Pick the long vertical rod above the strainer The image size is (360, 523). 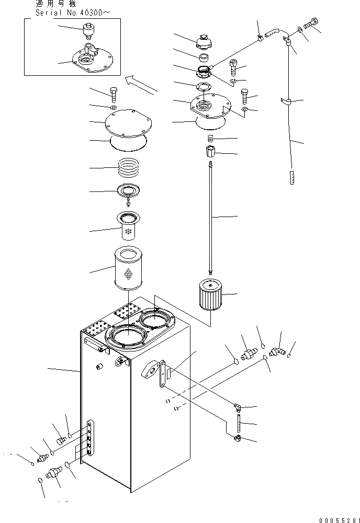coord(210,217)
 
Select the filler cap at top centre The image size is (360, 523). coord(203,41)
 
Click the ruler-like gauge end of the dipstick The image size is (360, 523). coord(291,178)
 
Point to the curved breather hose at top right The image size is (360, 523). coord(275,34)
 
